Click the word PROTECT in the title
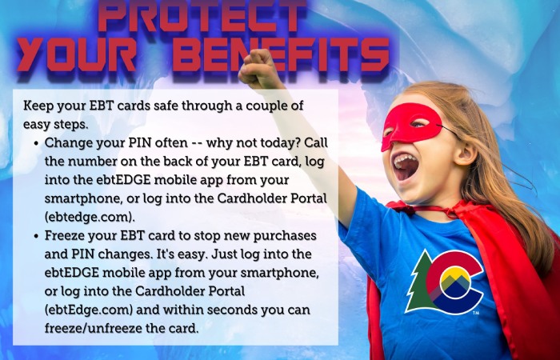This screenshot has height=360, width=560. coord(202,15)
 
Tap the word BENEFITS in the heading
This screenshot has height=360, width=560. coord(281,54)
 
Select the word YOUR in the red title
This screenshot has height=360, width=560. coord(76,54)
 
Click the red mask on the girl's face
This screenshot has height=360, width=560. coord(410,125)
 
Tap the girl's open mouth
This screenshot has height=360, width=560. coord(406,166)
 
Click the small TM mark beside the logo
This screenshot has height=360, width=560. coord(476,314)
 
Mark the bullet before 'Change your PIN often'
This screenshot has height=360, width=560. coord(36,143)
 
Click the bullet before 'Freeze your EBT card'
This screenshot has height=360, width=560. coord(36,237)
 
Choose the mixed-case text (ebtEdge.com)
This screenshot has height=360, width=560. coord(89,310)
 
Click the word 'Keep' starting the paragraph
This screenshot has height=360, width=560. coord(38,106)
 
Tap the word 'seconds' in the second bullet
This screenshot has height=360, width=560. coord(231,310)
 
